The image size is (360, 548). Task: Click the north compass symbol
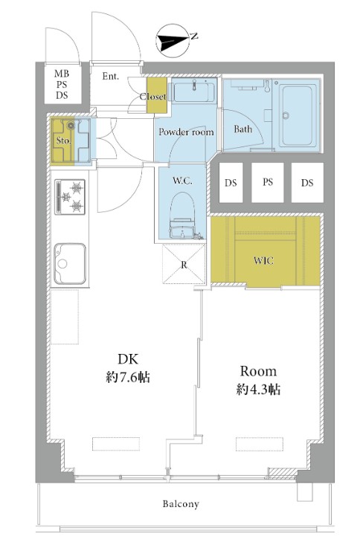point(173,41)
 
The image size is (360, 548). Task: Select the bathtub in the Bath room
point(298,115)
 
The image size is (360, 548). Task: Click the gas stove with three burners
point(70,197)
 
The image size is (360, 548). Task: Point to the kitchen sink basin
point(70,264)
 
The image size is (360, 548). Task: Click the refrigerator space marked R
point(184,264)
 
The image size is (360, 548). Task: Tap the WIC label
point(263,261)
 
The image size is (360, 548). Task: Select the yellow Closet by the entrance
point(157,95)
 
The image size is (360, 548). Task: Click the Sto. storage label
point(64,141)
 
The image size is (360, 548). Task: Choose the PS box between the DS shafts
point(268,182)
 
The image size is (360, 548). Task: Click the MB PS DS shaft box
point(62,84)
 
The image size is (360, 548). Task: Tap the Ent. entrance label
point(110,76)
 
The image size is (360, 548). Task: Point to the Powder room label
point(186,132)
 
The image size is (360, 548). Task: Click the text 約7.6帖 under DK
point(128,378)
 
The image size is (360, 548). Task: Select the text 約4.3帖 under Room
point(258,390)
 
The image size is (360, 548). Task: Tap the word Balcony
point(181,503)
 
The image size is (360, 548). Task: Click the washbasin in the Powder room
point(194,90)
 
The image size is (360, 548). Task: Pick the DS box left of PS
point(231,182)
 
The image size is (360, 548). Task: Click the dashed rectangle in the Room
point(260,444)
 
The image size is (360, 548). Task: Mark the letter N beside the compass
point(194,35)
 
